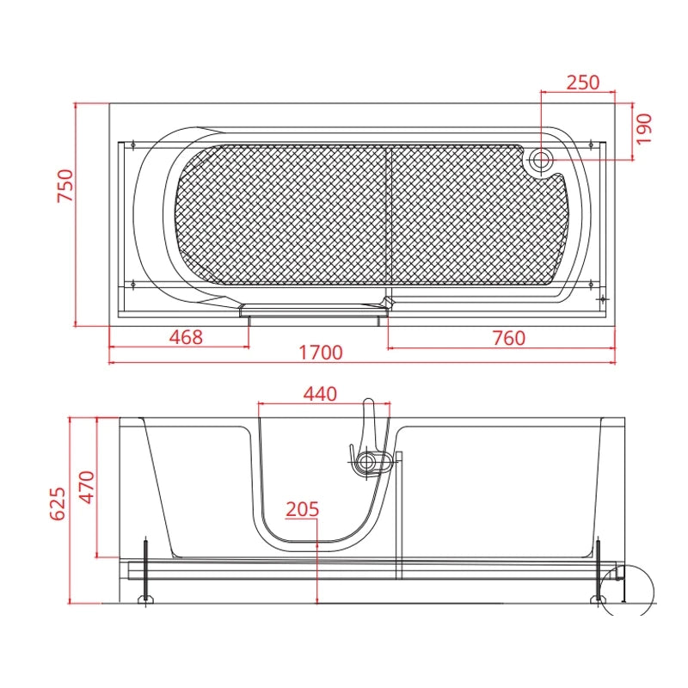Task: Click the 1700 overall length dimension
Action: coord(320,353)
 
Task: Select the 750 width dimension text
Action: coord(66,186)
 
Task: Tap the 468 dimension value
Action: coord(186,337)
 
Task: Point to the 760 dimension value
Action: coord(508,338)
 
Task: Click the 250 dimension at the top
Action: coord(583,83)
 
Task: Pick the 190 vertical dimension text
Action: coord(644,129)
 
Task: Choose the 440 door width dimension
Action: coord(320,394)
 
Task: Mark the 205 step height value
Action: coord(303,509)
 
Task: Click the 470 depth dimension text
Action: coord(87,487)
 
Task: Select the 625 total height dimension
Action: coord(58,504)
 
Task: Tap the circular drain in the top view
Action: coord(541,160)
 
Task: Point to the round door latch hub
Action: coord(365,463)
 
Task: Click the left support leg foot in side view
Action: coord(145,599)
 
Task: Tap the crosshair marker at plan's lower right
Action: coord(604,298)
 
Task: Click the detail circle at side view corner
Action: coord(627,591)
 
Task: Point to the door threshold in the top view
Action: coord(312,310)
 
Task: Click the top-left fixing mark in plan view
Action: coord(133,144)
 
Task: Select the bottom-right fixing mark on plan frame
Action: coord(591,285)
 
